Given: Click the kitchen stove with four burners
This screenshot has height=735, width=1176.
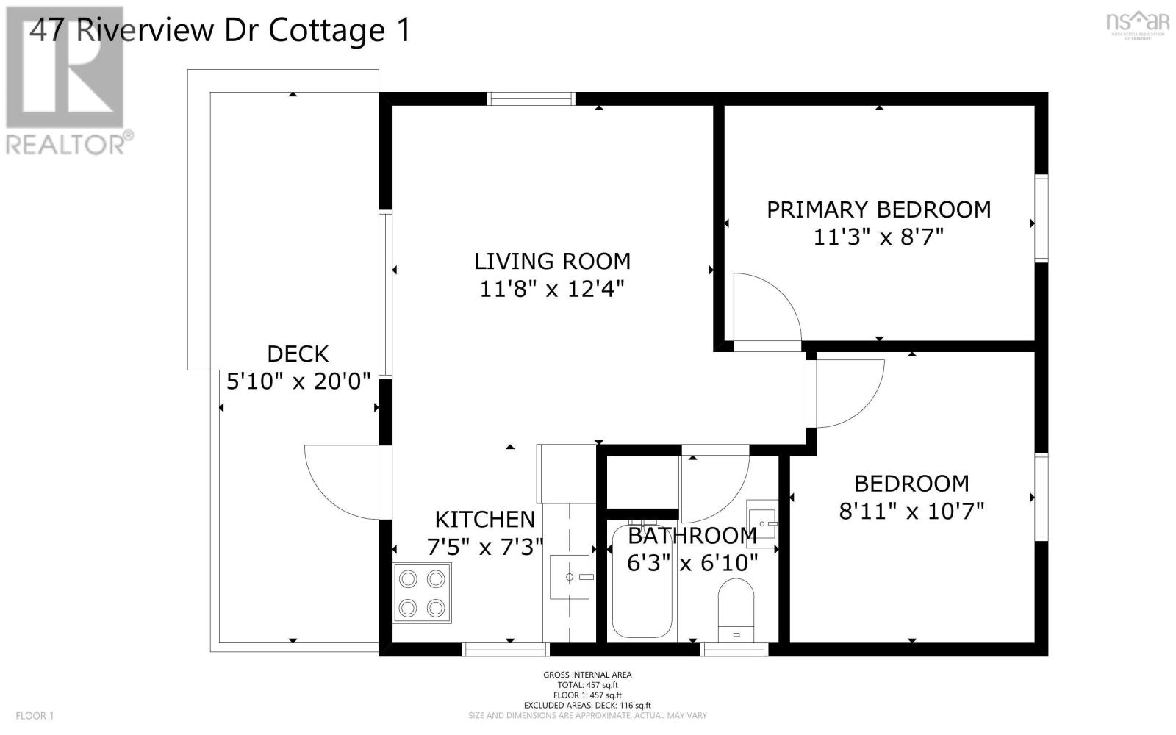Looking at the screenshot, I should tap(423, 593).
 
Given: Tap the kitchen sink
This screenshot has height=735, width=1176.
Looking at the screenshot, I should tap(570, 577).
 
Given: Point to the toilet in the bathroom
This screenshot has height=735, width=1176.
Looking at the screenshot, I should tap(736, 609).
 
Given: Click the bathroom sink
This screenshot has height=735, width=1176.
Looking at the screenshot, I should tap(761, 519).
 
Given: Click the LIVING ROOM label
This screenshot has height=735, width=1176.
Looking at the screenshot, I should tap(552, 261).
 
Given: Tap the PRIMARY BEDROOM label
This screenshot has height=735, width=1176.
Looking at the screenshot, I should tap(878, 209).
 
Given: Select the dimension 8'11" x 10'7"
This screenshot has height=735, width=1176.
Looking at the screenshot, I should tap(911, 511).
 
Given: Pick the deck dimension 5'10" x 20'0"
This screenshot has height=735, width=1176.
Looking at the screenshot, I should tap(298, 382).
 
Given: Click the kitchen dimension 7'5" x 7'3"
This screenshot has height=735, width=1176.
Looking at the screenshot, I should tap(485, 547).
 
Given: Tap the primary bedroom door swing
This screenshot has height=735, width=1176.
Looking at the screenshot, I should tap(764, 309).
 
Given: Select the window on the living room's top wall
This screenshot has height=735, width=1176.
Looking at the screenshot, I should tap(531, 98).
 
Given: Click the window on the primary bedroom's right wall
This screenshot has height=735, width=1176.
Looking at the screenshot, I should tap(1041, 218).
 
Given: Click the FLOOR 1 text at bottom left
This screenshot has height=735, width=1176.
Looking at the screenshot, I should tap(35, 715).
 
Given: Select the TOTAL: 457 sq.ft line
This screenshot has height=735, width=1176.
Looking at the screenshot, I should tap(587, 685).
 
